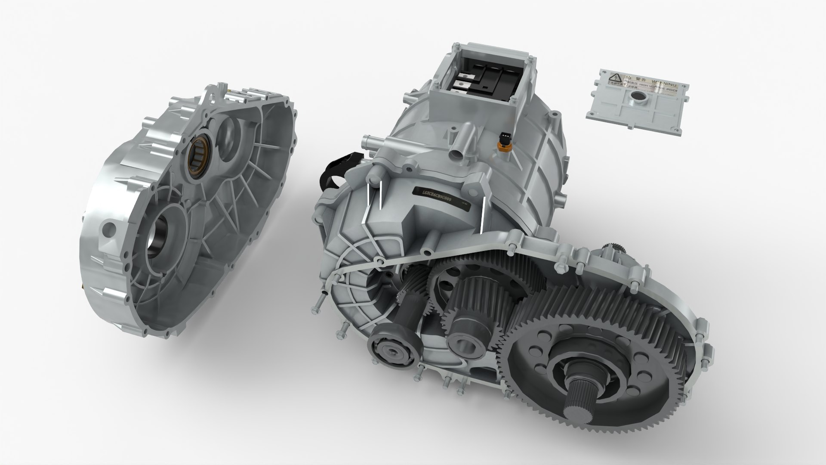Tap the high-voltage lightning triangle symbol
point(618,77)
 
